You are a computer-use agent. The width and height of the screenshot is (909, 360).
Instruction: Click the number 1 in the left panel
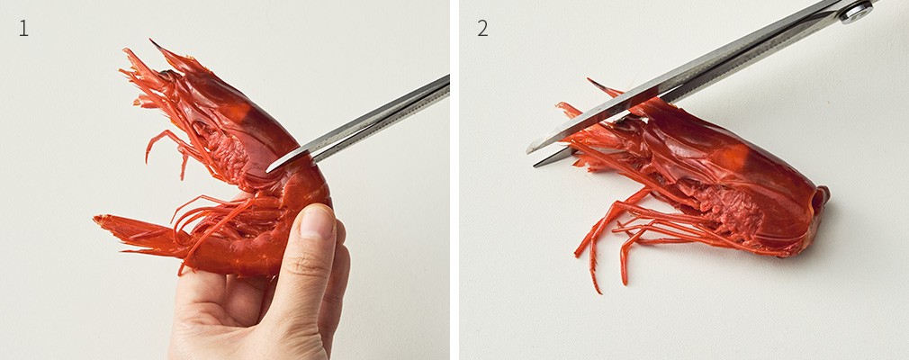pyautogui.click(x=23, y=28)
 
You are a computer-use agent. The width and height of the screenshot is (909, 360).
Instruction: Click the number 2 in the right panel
pyautogui.click(x=482, y=28)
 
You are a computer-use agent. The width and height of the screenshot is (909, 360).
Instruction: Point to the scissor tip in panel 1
pyautogui.click(x=268, y=170)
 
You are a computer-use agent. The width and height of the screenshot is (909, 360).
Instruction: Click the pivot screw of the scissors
pyautogui.click(x=856, y=12)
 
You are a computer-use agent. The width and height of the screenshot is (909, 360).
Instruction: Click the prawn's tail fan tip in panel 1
pyautogui.click(x=96, y=220)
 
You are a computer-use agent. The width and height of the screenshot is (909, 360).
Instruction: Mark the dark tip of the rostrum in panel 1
pyautogui.click(x=152, y=41)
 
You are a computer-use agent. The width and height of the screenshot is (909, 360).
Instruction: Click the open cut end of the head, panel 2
pyautogui.click(x=820, y=199)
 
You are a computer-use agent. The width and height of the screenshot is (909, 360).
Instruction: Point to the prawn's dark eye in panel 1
pyautogui.click(x=166, y=75)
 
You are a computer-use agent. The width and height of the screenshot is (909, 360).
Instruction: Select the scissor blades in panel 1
pyautogui.click(x=357, y=123)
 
